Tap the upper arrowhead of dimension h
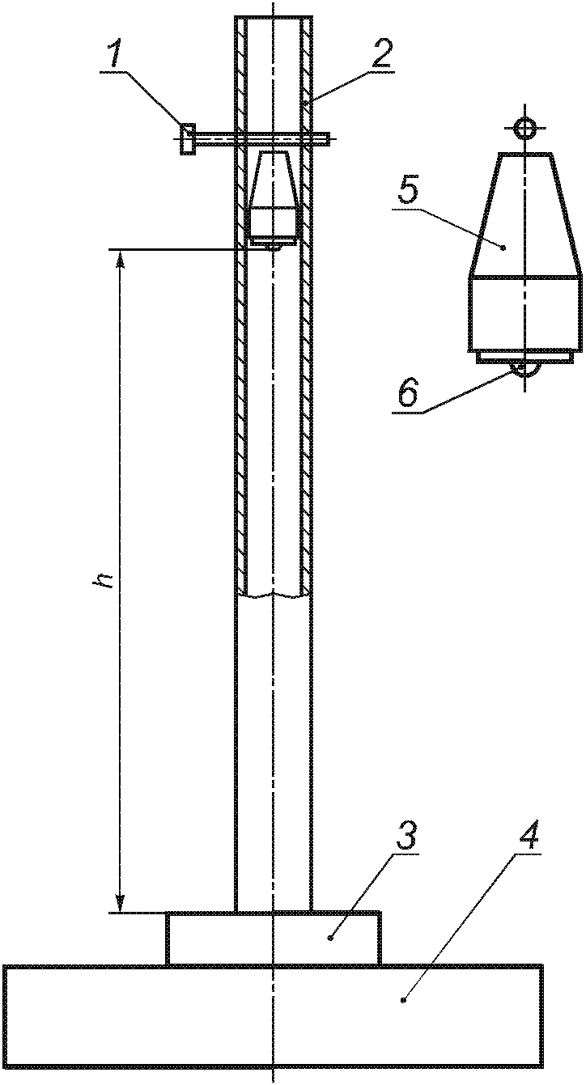[120, 258]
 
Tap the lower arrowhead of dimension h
[120, 905]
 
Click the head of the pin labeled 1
[187, 139]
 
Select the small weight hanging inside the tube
[274, 198]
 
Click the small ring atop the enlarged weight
[525, 128]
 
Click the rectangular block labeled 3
[273, 939]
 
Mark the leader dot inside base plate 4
[402, 1001]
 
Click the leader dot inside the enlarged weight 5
[503, 246]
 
